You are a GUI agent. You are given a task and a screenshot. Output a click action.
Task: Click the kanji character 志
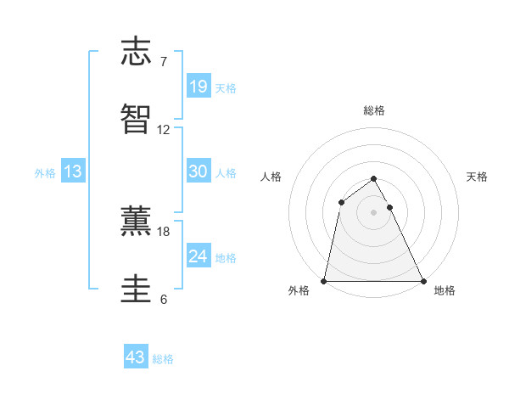(137, 53)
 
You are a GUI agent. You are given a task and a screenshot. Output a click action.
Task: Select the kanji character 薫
(137, 220)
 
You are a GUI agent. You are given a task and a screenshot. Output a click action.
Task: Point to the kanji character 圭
(137, 288)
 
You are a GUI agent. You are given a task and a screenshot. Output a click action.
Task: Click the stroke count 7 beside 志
(163, 62)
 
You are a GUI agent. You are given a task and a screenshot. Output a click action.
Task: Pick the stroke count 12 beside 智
(164, 130)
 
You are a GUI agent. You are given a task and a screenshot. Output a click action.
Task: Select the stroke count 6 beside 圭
(163, 299)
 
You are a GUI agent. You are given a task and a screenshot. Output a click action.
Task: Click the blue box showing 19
(198, 86)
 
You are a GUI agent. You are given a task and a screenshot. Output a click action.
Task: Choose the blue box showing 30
(198, 171)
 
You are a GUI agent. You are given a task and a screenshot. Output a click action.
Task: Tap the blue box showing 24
(198, 256)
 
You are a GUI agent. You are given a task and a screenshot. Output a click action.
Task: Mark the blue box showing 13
(73, 171)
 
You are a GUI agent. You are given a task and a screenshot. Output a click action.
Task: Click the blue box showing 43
(136, 357)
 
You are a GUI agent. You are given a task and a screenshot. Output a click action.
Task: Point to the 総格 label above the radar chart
(374, 110)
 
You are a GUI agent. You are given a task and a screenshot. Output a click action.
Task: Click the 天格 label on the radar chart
(477, 177)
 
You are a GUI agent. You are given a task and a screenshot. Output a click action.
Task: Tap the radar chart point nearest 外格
(324, 280)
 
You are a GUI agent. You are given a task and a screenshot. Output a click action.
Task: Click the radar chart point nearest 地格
(422, 280)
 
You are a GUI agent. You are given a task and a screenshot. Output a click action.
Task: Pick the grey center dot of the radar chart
(374, 211)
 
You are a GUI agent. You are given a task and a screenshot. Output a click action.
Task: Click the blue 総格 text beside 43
(163, 359)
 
